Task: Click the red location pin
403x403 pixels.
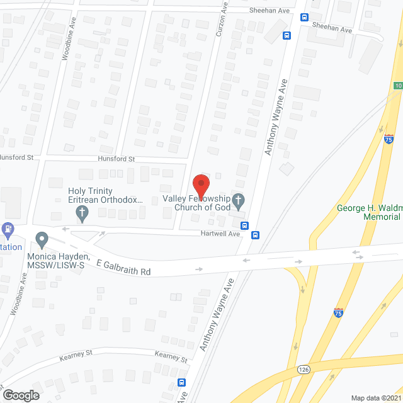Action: (200, 185)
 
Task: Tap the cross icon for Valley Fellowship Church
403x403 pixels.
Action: (238, 201)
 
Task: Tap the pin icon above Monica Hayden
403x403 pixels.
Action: (42, 240)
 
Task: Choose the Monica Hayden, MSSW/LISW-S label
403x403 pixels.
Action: (57, 261)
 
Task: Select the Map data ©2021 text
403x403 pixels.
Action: (375, 397)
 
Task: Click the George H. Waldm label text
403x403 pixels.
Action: (369, 207)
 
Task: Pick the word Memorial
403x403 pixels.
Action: (382, 217)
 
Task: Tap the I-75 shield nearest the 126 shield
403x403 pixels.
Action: (339, 312)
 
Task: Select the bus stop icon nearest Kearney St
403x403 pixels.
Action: (182, 382)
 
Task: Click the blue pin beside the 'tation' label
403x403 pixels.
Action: (8, 229)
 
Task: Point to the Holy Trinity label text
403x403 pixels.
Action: (90, 191)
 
